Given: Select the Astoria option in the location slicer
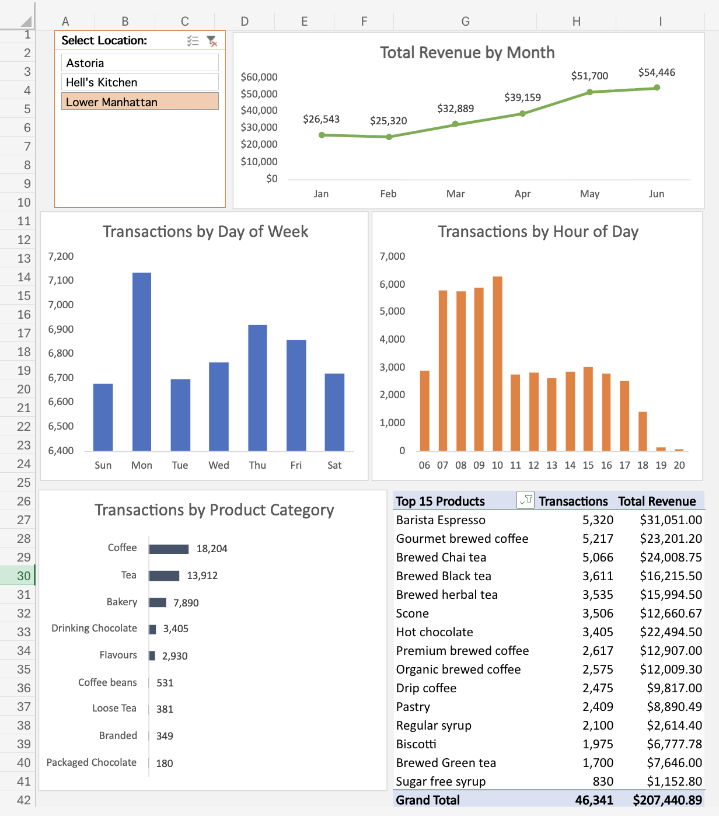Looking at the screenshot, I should [139, 63].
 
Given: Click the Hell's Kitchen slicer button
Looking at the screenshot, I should [139, 82].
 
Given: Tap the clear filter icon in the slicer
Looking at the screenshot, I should [212, 41].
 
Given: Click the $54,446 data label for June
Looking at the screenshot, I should [657, 72].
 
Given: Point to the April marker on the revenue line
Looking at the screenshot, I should [522, 114].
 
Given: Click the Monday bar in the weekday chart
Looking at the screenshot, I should [142, 361].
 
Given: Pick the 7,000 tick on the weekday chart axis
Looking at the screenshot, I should [61, 305].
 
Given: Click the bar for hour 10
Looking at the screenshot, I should [497, 363].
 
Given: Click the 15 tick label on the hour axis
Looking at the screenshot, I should [588, 465].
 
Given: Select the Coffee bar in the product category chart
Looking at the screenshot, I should [169, 549].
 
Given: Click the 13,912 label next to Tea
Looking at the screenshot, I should [202, 576].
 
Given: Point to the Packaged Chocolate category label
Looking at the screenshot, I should [92, 762].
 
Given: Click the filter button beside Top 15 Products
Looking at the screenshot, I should [525, 500].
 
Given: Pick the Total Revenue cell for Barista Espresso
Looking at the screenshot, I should [671, 520].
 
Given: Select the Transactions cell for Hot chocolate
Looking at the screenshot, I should [598, 632].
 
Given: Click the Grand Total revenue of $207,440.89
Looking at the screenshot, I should [667, 800].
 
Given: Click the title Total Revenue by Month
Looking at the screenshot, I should [467, 53].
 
